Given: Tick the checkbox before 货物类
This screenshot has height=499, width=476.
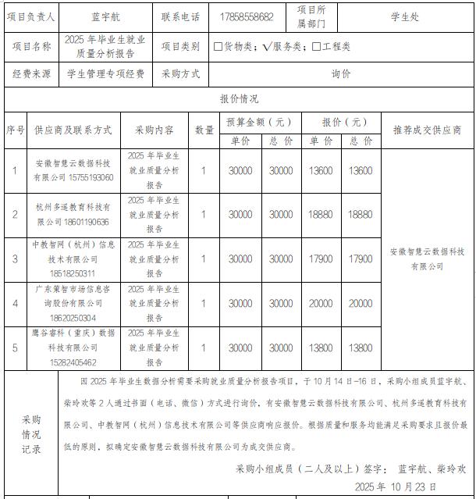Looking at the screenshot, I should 218,47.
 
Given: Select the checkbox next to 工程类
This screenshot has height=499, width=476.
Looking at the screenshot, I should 316,47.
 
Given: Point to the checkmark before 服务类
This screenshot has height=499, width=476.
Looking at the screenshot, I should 267,47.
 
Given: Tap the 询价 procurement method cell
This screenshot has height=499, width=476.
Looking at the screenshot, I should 341,74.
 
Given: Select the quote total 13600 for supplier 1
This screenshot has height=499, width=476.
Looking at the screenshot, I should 361,171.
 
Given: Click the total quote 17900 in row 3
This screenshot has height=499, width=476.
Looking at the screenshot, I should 361,258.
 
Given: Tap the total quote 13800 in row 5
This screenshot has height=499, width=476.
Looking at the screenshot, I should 361,348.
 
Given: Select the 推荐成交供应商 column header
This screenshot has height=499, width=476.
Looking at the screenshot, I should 427,130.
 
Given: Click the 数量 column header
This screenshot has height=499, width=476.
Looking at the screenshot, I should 204,130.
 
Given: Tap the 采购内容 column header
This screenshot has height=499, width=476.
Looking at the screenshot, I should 155,130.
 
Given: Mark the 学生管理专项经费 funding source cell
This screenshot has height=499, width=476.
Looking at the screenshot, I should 105,74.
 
